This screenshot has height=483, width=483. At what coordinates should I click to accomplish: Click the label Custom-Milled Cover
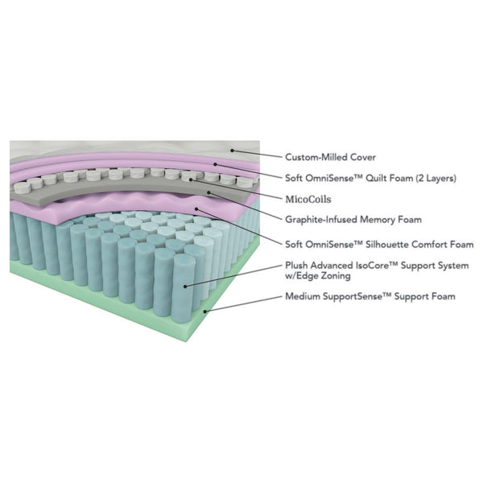(330, 157)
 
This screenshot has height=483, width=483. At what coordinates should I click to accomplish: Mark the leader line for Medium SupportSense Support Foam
(242, 303)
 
